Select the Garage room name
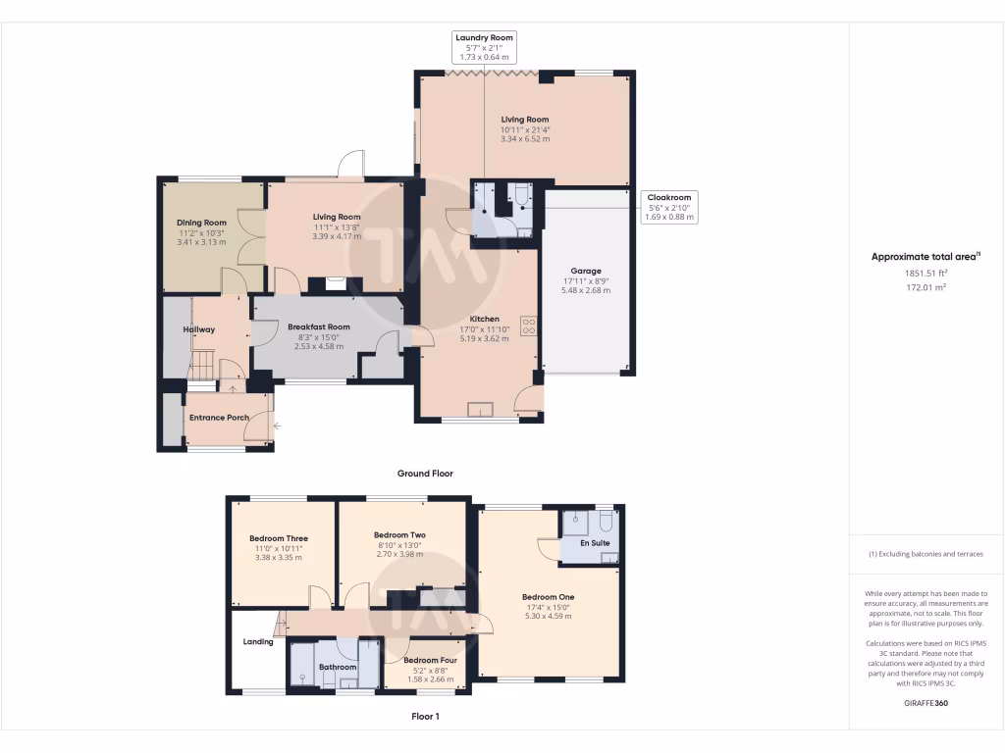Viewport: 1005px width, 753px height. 586,271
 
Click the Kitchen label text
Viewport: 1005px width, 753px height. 484,319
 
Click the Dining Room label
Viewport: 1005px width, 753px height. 201,223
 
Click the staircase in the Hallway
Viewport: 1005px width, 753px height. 200,368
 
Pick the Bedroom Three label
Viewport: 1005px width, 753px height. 278,538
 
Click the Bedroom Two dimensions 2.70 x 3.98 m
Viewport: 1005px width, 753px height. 399,554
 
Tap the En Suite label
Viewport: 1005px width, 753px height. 595,542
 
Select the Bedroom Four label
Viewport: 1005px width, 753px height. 428,660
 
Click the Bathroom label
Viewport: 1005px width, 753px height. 338,667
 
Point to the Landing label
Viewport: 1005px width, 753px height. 258,642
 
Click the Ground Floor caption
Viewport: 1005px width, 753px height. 425,473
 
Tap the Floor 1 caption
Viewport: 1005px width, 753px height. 425,717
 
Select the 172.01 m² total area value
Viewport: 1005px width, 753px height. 926,288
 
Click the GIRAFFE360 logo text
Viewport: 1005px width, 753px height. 926,703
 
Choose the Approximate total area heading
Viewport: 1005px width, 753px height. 925,257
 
